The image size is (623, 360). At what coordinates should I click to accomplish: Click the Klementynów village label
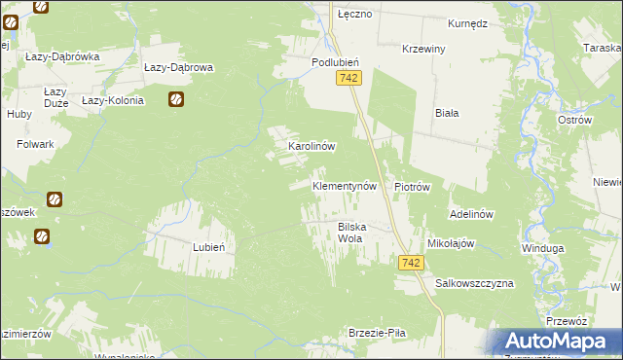[x=344, y=185]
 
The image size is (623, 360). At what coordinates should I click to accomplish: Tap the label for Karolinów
[x=311, y=146]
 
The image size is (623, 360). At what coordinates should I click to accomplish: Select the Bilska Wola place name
[x=356, y=233]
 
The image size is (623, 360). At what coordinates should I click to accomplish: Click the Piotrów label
[x=412, y=186]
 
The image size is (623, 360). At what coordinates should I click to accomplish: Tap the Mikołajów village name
[x=450, y=243]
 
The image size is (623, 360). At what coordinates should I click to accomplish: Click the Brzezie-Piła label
[x=377, y=333]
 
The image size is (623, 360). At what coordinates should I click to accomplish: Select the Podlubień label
[x=336, y=61]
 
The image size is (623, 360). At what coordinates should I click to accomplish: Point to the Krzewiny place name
[x=423, y=49]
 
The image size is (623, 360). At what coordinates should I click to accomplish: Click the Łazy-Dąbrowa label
[x=178, y=68]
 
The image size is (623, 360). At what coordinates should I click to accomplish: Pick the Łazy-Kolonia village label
[x=113, y=100]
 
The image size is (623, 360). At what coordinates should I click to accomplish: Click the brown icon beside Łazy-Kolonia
[x=176, y=98]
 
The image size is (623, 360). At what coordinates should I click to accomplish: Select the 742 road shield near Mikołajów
[x=410, y=264]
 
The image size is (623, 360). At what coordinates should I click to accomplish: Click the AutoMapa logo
[x=559, y=341]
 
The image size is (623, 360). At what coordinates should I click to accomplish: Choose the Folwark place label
[x=35, y=144]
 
